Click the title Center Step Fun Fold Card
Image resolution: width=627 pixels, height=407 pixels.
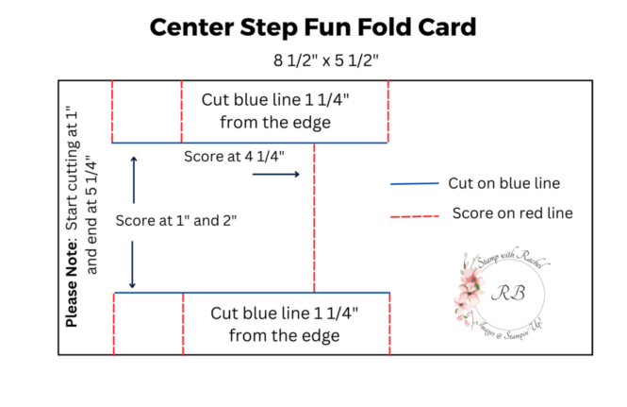[x=312, y=27]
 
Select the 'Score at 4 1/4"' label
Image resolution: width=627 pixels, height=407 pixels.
[x=234, y=156]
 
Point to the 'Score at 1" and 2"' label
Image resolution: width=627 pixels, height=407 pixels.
[x=175, y=220]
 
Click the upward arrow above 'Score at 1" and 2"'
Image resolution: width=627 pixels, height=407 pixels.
[x=133, y=179]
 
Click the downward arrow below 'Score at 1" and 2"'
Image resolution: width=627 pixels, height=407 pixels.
[x=133, y=265]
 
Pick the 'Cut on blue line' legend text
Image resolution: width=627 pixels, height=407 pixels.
[x=503, y=182]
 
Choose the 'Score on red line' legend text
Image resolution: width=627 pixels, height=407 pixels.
[x=512, y=212]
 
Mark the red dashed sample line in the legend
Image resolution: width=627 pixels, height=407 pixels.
[x=414, y=217]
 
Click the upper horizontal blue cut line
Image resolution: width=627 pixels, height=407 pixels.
[x=250, y=143]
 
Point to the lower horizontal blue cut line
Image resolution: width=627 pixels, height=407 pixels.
[x=250, y=293]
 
